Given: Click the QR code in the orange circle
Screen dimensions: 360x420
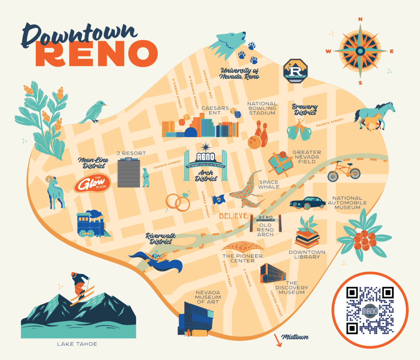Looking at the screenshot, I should point(369,311).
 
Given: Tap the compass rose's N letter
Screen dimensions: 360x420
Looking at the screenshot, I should point(360,19).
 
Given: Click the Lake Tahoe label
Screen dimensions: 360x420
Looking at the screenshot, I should point(77,344).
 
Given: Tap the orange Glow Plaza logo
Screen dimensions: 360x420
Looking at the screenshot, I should point(93,183).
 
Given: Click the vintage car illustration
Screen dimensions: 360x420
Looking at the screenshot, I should point(308,202).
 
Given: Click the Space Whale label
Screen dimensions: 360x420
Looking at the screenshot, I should point(269,184).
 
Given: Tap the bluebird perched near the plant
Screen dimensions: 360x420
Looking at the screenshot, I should point(93,112).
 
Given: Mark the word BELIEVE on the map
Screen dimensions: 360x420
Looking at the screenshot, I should point(233,216).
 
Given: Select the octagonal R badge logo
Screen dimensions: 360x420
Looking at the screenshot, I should point(295,70).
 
